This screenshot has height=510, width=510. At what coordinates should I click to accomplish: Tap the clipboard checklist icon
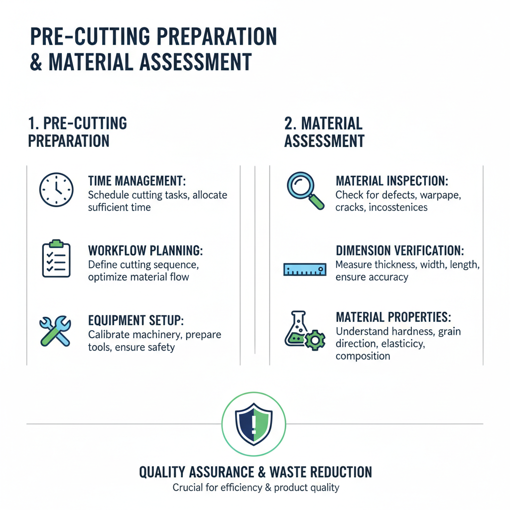tap(56, 258)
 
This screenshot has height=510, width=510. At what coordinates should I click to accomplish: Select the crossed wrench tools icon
tap(55, 329)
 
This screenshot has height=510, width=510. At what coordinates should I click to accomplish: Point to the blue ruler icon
tap(305, 269)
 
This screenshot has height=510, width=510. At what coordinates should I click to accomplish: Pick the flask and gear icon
tap(304, 329)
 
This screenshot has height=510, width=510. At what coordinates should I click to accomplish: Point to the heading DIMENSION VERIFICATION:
tap(406, 251)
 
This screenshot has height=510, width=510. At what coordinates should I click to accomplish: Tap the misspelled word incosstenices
tap(398, 207)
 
